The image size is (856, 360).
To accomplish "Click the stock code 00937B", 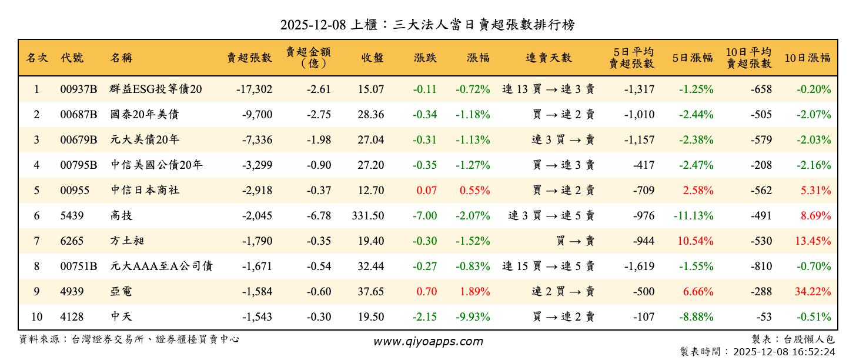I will [x=78, y=89].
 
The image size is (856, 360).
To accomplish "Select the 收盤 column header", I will [x=373, y=58].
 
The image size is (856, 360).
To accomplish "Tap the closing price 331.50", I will [x=368, y=216].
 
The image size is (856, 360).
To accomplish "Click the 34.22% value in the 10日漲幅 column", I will [x=814, y=292].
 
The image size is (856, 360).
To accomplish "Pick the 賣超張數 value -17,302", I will [x=254, y=89].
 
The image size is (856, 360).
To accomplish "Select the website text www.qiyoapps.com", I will [x=428, y=341].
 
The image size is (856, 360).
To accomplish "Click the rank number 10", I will [x=36, y=317].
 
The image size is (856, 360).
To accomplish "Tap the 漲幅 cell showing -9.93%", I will [x=473, y=317].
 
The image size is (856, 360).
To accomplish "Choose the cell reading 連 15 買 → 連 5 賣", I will [x=548, y=266].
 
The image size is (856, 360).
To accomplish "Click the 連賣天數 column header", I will [x=549, y=58].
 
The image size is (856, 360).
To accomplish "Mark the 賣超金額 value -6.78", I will [x=319, y=216].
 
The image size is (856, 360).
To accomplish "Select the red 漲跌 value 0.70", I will [x=426, y=292].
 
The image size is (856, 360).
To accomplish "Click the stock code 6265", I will [x=72, y=241].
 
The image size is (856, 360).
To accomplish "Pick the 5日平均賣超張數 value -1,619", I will [x=637, y=266].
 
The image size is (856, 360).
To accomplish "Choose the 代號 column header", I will [x=72, y=58].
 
